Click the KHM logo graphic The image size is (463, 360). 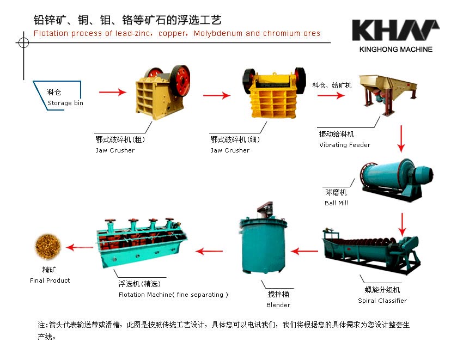tap(395, 30)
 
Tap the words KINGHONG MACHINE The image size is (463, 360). tap(395, 50)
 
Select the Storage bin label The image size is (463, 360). tap(65, 103)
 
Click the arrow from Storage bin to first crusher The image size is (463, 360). tap(113, 92)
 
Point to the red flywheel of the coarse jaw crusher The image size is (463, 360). tap(180, 80)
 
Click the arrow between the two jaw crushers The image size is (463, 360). tap(217, 95)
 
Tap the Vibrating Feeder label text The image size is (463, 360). tap(345, 145)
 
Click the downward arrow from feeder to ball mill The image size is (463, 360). tap(401, 139)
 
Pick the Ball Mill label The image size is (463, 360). tap(336, 203)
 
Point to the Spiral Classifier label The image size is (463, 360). tap(382, 301)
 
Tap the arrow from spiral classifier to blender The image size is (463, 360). tap(304, 251)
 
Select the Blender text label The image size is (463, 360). tap(278, 305)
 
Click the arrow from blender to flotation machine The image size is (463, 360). tap(209, 251)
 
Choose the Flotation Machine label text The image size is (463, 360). tap(173, 295)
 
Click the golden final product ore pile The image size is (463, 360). tap(48, 247)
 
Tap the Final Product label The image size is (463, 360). tap(50, 280)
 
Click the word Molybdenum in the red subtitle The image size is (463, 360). tap(218, 33)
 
